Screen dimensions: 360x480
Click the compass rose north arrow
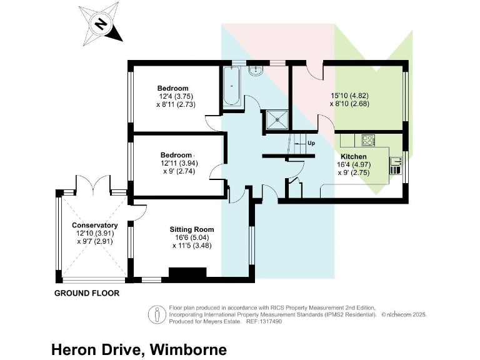click(x=100, y=24)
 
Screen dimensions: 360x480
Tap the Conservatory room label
click(x=94, y=225)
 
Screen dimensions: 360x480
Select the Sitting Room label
click(x=192, y=229)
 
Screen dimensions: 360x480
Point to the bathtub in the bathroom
click(x=229, y=87)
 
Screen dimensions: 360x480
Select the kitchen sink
click(x=395, y=165)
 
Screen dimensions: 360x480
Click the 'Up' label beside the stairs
click(x=311, y=143)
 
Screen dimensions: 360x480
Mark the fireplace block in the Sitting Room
click(x=187, y=274)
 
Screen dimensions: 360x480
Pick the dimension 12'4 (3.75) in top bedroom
click(x=172, y=96)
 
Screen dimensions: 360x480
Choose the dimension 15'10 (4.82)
click(x=350, y=96)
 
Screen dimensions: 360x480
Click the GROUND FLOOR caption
click(x=87, y=293)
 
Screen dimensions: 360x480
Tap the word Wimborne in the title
click(x=185, y=348)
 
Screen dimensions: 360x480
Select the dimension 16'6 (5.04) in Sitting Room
click(x=192, y=237)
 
